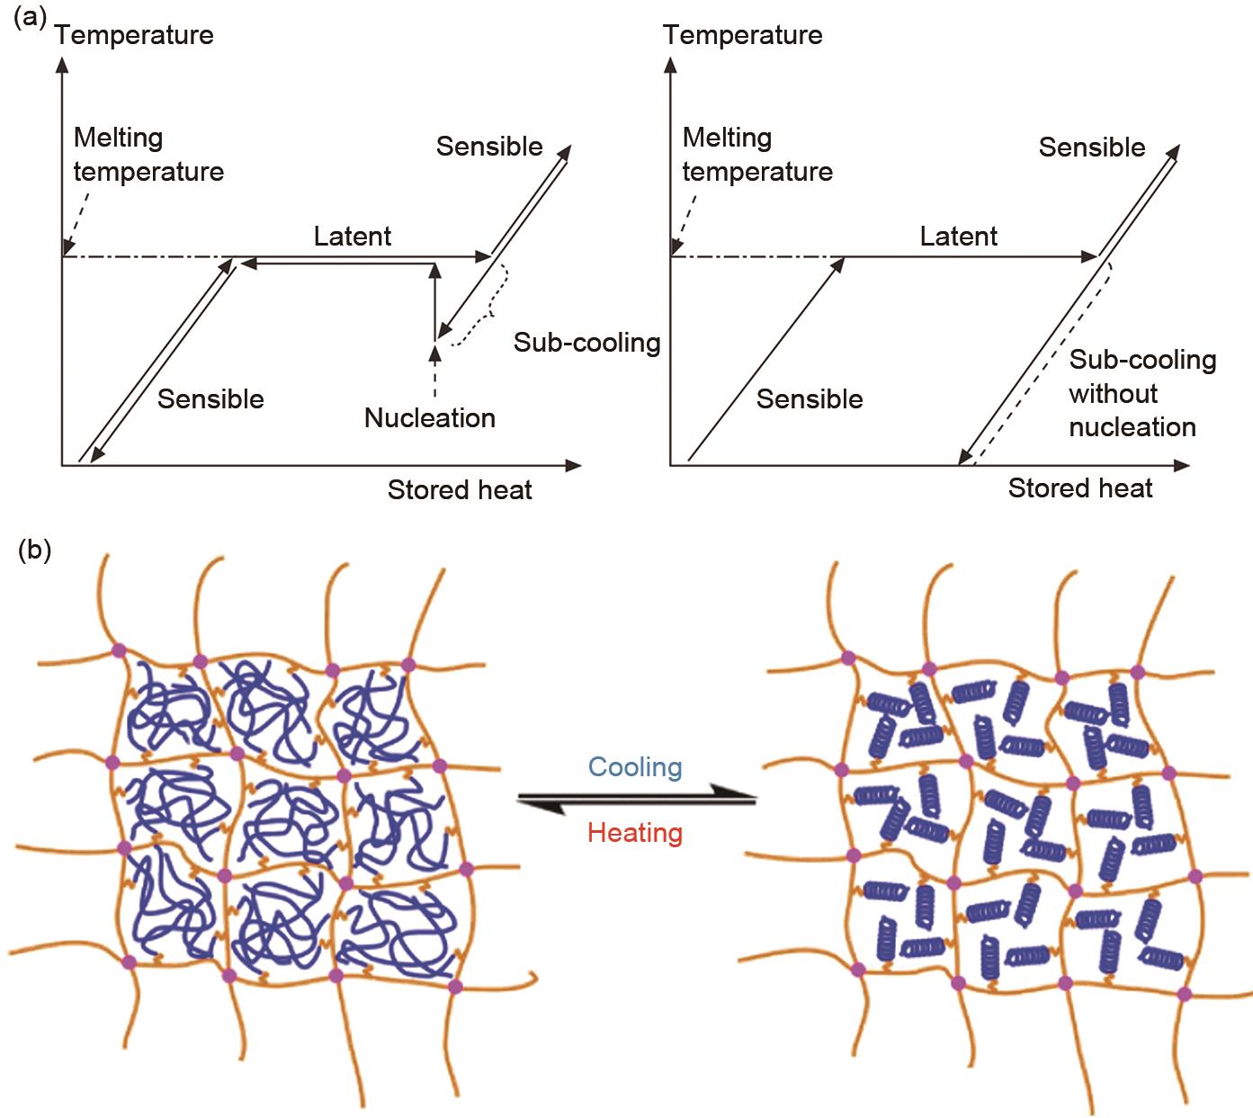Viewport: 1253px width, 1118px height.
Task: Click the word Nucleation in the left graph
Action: coord(429,417)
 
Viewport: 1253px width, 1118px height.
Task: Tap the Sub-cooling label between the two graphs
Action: coord(586,342)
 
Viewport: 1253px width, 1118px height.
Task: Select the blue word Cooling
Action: coord(635,767)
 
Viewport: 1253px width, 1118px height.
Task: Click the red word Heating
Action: coord(635,833)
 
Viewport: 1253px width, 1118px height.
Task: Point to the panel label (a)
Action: coord(30,18)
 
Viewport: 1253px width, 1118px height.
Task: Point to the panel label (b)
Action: coord(34,550)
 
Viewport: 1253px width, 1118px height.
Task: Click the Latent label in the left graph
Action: coord(353,237)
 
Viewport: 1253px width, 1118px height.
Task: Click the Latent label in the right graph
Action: coord(959,237)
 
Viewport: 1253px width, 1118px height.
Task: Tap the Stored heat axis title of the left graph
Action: coord(460,490)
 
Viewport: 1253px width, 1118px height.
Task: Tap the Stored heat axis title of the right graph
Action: coord(1079,488)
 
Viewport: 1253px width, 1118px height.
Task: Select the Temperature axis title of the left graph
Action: coord(134,35)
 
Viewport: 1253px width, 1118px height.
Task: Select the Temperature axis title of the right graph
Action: coord(743,35)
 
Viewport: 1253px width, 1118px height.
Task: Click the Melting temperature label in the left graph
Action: coord(148,155)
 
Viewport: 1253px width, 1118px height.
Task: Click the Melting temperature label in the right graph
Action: coord(757,155)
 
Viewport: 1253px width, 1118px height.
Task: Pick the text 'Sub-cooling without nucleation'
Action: coord(1141,393)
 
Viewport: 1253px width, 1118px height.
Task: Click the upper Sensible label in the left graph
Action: coord(489,147)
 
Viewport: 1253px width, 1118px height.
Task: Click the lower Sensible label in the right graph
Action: coord(810,399)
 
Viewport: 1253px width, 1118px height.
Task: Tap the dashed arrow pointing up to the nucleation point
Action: coord(435,369)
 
